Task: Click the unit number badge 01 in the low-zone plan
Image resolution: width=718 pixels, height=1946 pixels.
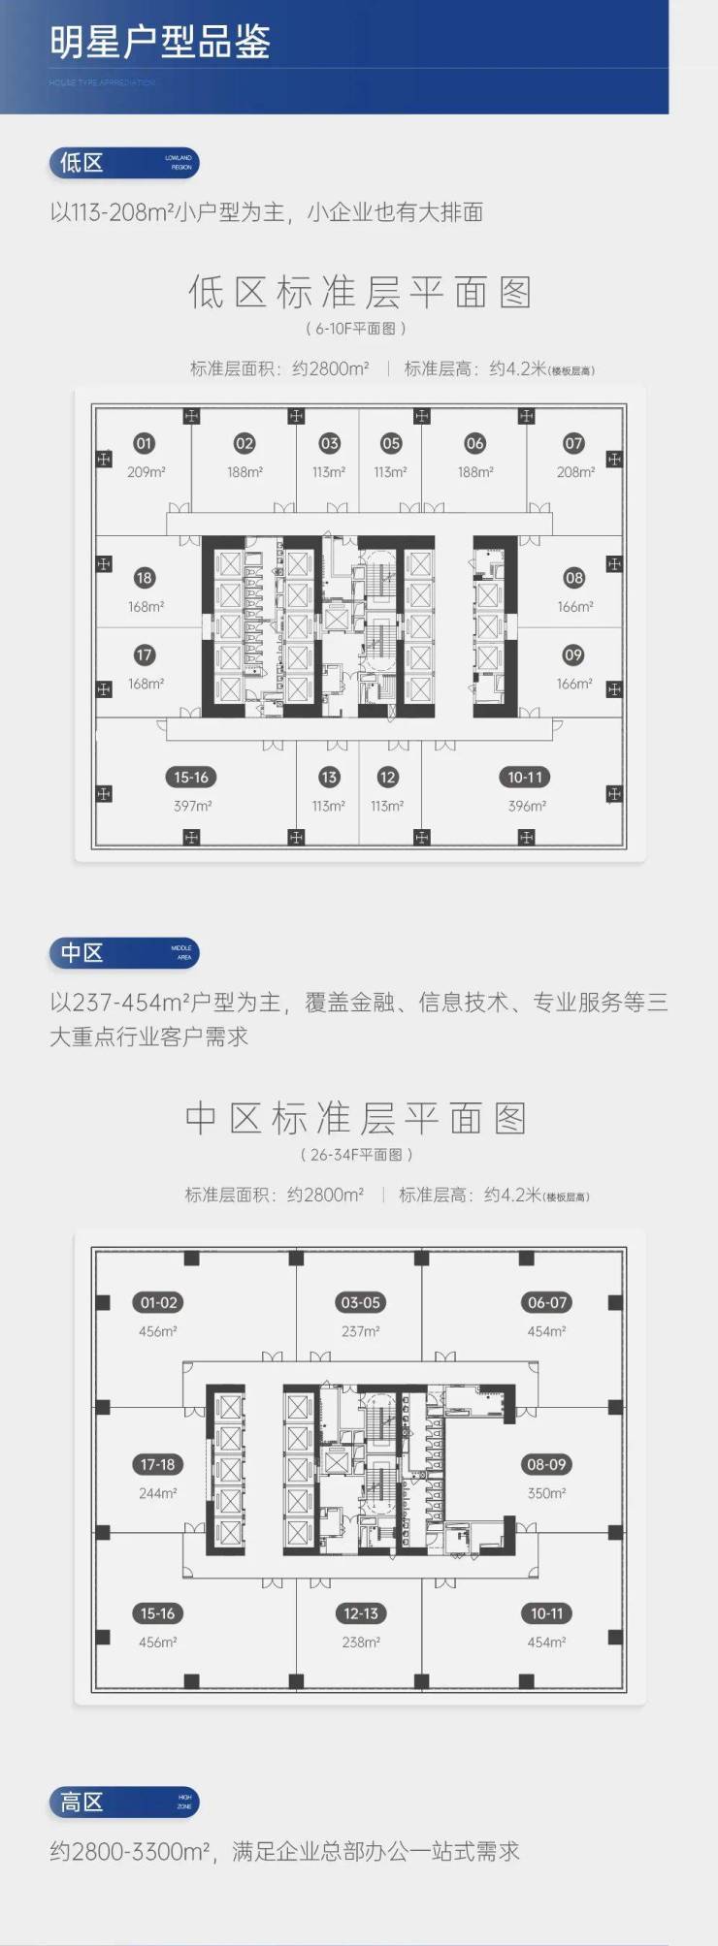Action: click(145, 443)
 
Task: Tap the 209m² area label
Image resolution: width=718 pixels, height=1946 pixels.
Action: click(146, 472)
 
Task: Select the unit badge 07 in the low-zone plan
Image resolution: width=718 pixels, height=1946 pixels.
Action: click(574, 443)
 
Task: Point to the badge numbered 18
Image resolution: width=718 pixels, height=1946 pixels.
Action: click(145, 578)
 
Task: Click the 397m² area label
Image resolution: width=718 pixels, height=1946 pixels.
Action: click(192, 806)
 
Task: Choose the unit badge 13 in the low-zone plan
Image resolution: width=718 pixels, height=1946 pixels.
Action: click(329, 777)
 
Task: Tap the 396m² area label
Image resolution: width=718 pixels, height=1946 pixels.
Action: click(527, 806)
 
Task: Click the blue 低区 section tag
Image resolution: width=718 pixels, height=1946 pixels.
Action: click(123, 163)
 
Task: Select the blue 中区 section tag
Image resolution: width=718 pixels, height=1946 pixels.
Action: click(123, 953)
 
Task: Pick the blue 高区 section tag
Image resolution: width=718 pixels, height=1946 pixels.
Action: click(123, 1802)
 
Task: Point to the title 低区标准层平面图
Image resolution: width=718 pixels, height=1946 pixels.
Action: click(359, 293)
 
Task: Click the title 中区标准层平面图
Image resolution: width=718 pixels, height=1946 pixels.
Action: click(356, 1119)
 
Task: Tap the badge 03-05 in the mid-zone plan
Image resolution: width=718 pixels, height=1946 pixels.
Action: click(360, 1302)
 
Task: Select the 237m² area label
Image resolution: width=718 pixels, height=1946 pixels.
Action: click(360, 1331)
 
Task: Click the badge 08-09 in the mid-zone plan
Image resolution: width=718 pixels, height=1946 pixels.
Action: click(546, 1464)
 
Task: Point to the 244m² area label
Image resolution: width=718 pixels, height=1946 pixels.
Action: click(157, 1493)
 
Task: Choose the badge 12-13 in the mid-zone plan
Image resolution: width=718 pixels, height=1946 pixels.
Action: click(360, 1613)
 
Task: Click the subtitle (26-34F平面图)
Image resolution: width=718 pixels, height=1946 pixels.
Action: click(356, 1155)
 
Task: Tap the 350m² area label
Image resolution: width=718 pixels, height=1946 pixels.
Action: click(546, 1493)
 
